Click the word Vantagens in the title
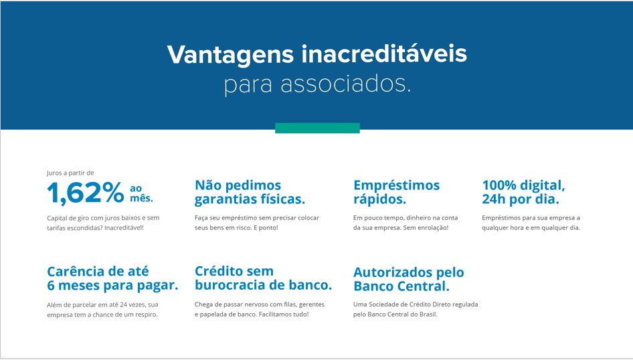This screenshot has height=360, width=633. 230,54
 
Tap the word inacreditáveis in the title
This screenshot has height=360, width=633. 384,54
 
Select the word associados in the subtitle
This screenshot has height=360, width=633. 345,84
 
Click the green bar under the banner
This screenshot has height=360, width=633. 317,128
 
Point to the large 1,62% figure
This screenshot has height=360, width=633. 86,193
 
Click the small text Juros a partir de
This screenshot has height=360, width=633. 70,173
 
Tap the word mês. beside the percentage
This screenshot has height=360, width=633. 141,198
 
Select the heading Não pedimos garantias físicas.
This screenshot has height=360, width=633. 250,192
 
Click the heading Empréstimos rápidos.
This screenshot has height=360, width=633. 396,192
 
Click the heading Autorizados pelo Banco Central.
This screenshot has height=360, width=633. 409,279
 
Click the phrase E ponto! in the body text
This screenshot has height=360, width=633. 266,228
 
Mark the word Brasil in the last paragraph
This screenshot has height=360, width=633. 428,314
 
